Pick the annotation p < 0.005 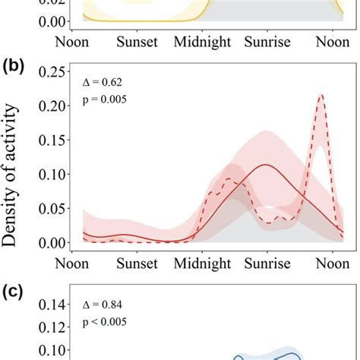(104, 324)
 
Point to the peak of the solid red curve (266, 164)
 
